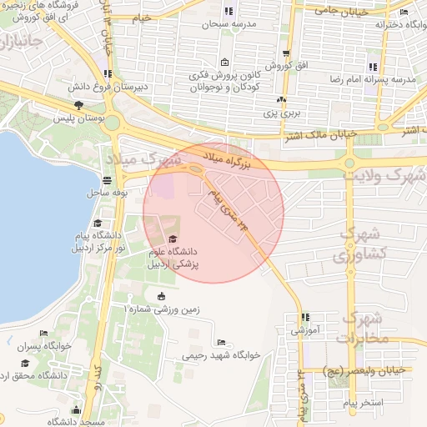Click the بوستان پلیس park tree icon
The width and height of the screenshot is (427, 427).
78,106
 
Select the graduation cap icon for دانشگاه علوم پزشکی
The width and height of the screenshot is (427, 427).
173,239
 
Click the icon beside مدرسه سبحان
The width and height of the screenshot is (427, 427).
229,12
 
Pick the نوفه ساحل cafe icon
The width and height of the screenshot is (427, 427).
107,180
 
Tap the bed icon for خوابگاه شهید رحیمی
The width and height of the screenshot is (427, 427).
220,342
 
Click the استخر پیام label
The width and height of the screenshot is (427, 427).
363,403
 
